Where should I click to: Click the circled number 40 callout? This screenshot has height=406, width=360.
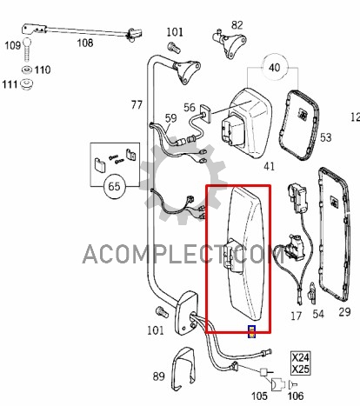[275, 68]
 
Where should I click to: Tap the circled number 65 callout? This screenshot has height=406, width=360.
[114, 186]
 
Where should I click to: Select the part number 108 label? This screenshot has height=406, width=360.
[85, 43]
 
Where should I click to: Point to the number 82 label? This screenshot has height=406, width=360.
[237, 25]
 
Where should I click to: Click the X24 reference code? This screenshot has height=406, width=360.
[300, 357]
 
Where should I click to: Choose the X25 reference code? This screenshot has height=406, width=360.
[300, 369]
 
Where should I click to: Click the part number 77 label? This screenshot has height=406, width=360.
[137, 104]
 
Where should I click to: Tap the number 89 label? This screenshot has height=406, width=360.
[158, 376]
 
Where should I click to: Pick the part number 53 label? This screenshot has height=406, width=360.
[325, 137]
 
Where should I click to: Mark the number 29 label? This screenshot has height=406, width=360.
[344, 312]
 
